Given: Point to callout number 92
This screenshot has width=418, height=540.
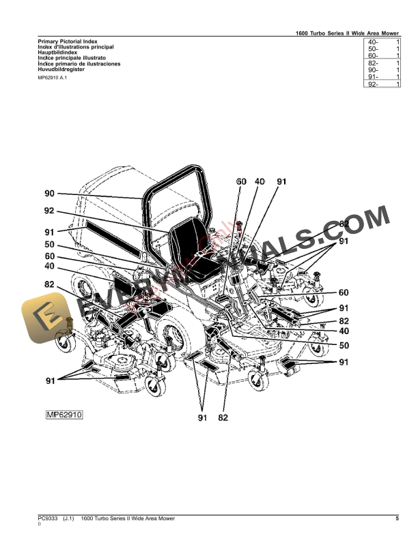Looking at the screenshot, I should pos(49,211).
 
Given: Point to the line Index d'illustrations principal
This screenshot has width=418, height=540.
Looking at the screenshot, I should pos(76,46).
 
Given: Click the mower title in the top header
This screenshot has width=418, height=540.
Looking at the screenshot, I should pos(347,32).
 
